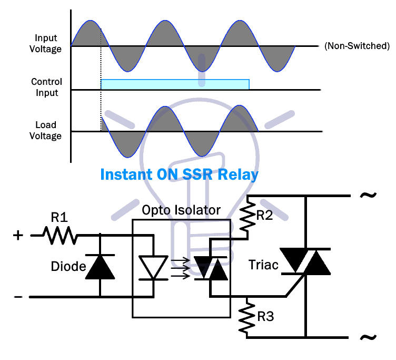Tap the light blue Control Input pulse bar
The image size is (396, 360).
pos(175,84)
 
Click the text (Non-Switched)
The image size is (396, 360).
pos(357,46)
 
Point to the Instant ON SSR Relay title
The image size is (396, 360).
pos(179,174)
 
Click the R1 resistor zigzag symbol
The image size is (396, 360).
pos(60,236)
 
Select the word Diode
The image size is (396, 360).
pos(68,266)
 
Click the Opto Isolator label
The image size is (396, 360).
pos(181,211)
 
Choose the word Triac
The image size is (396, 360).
pos(263,266)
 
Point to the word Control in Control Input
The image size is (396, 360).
pos(46,82)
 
